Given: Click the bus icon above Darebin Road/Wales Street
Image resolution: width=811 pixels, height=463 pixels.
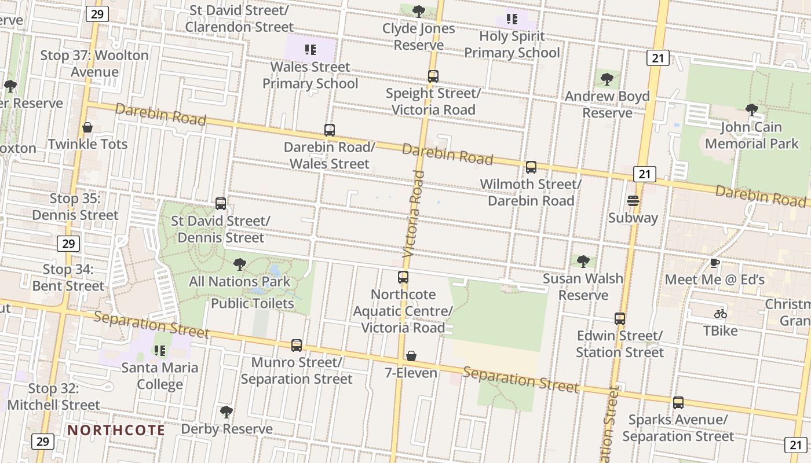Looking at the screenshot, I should tap(330, 130).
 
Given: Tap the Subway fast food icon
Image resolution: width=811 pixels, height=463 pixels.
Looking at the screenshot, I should tap(633, 201).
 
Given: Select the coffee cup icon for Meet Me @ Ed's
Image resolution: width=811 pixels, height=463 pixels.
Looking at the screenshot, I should tap(715, 263).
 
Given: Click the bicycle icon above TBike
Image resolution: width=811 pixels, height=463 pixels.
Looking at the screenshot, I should tap(721, 314).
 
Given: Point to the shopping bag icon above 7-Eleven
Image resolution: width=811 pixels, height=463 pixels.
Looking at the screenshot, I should tap(411, 355).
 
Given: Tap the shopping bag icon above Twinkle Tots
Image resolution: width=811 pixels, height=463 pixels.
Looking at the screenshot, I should tap(87, 127).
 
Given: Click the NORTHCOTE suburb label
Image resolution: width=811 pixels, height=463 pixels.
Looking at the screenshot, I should tap(116, 431).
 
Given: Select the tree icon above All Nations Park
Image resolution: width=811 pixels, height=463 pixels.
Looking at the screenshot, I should tap(239, 265).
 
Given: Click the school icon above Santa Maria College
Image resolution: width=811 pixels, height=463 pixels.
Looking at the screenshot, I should tap(160, 350).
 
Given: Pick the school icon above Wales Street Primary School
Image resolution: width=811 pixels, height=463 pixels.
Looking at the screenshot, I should tap(310, 50).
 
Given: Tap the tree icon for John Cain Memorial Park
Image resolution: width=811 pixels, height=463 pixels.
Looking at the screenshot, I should tap(751, 109).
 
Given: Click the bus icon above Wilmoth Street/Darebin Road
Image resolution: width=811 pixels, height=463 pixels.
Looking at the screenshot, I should tap(531, 167).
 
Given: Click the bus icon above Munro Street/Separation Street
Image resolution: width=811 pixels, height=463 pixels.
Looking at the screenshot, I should tap(297, 346).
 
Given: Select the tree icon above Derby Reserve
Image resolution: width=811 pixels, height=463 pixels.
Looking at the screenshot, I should tap(227, 412).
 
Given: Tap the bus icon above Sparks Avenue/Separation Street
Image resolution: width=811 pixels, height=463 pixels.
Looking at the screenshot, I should tap(678, 403).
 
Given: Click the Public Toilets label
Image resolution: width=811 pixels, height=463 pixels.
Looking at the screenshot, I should tap(253, 303).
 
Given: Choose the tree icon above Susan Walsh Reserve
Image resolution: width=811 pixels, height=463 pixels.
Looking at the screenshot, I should tap(583, 262).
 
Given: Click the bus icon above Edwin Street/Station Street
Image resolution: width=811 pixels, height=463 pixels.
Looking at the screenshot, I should tap(620, 319).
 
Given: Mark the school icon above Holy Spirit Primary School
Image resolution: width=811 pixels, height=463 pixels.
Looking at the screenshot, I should tap(512, 19).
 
